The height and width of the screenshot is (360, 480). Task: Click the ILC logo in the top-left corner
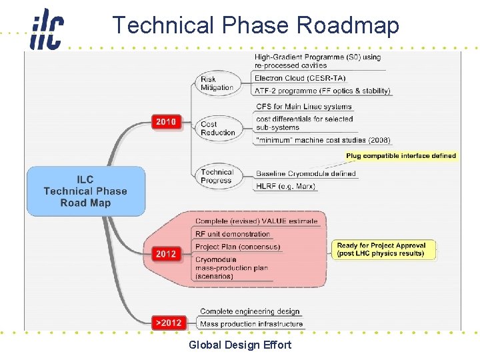[47, 29]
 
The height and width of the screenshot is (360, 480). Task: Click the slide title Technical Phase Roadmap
[255, 25]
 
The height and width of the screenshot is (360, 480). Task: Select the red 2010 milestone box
[166, 122]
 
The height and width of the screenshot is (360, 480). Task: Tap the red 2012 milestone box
[166, 253]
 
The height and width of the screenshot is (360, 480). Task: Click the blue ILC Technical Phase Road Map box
[85, 191]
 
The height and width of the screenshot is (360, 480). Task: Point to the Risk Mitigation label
[217, 83]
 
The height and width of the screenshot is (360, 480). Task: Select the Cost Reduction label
[218, 128]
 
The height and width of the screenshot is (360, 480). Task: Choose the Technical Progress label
[217, 176]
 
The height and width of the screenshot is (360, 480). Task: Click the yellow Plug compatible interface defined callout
[401, 156]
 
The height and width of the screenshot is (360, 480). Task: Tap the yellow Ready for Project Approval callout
[381, 249]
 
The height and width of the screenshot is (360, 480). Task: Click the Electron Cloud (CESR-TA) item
[307, 78]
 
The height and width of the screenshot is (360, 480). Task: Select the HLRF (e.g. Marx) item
[285, 186]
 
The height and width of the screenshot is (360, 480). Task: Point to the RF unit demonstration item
[233, 234]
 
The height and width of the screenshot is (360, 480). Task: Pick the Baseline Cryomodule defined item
[306, 174]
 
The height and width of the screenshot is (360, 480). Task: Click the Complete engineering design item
[250, 311]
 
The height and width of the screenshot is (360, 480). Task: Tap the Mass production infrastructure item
[251, 324]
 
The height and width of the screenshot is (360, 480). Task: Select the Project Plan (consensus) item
[238, 247]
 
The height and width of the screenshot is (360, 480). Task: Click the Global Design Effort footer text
[240, 345]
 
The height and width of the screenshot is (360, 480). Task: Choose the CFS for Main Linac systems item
[304, 107]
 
